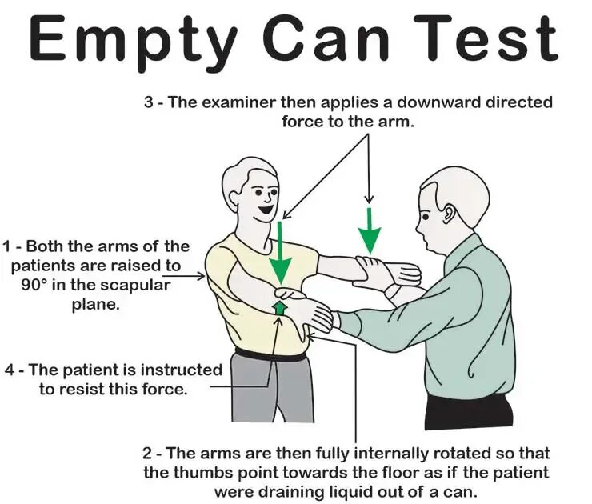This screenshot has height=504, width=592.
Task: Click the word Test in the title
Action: tap(486, 38)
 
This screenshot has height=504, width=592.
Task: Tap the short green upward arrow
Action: tap(279, 308)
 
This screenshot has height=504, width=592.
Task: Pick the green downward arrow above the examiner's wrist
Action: tap(370, 230)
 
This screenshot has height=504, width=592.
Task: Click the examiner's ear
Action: tap(450, 215)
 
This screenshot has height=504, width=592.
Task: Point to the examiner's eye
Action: tap(426, 217)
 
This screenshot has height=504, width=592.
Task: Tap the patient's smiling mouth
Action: tap(265, 209)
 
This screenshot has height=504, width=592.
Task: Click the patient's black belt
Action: tap(270, 356)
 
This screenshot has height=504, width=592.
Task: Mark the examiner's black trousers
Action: tap(469, 412)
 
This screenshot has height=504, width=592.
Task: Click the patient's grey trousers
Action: tap(273, 389)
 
